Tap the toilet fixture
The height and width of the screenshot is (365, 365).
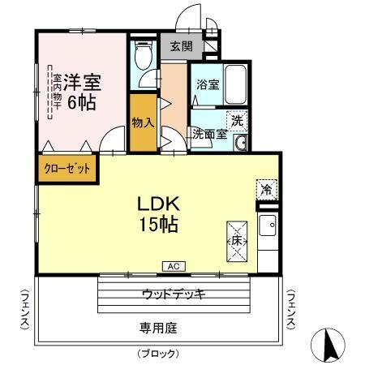(x=143, y=56)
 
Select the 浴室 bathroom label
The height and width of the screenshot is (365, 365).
(x=205, y=84)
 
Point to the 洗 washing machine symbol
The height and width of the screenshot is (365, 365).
(x=237, y=120)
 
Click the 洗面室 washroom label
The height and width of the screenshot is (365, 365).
(x=209, y=135)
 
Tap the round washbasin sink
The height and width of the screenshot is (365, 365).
(x=240, y=144)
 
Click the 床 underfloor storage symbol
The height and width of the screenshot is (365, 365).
(x=236, y=241)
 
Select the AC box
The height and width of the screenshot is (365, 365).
(x=174, y=265)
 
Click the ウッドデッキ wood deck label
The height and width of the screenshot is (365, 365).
(x=173, y=293)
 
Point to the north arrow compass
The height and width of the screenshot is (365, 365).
(x=330, y=346)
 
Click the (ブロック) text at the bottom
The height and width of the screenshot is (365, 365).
(x=158, y=354)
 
